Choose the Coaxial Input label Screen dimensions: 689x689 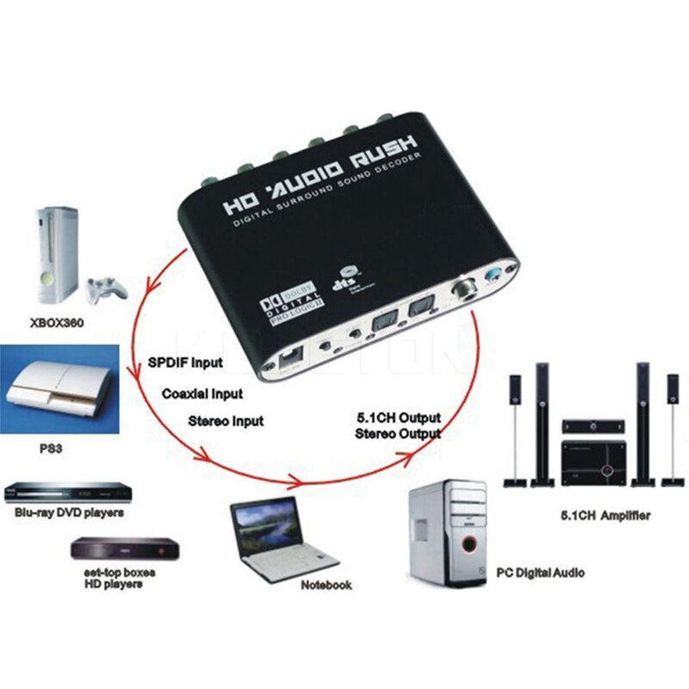coord(202,393)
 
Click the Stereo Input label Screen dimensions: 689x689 coord(226,421)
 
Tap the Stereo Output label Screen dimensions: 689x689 coord(398,434)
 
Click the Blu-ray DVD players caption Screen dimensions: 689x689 coord(69,512)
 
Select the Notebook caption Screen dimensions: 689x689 coord(326,585)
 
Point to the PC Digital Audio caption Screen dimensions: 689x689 coord(540,572)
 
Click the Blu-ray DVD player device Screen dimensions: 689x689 coord(69,492)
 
